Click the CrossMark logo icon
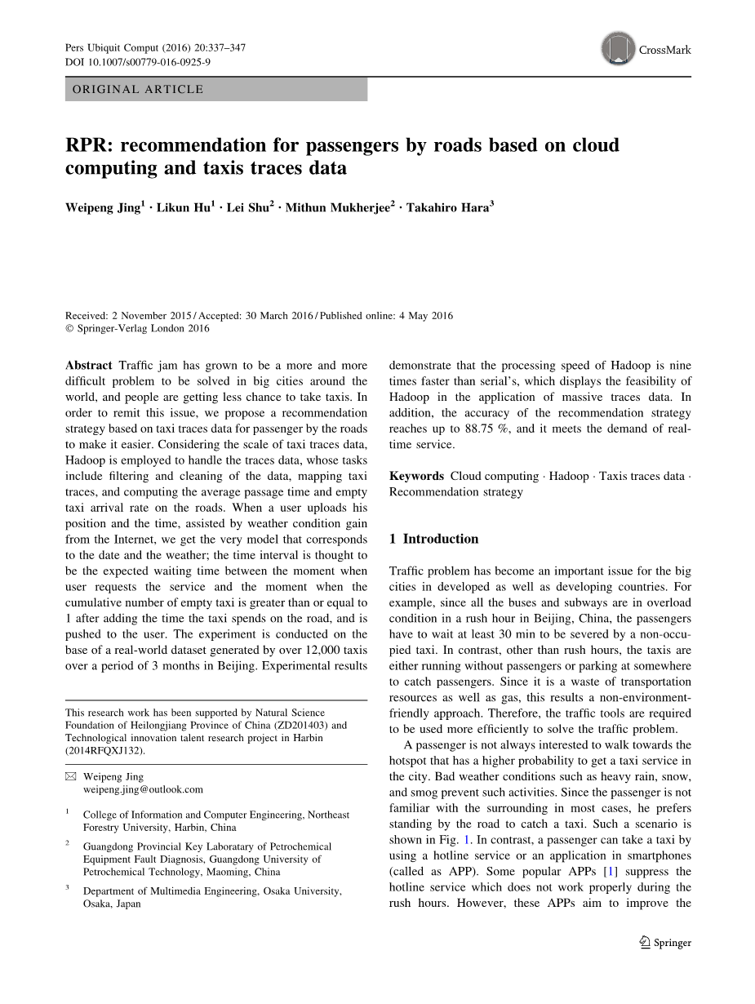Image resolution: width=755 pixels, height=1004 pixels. [x=619, y=49]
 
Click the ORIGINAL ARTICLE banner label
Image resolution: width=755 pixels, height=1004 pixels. [x=138, y=90]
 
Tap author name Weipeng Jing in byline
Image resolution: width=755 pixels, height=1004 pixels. [x=102, y=208]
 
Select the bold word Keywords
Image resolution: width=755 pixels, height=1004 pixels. [x=416, y=476]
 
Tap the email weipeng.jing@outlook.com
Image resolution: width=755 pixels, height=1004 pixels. [x=143, y=789]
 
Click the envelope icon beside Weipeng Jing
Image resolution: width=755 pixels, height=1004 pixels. [x=70, y=777]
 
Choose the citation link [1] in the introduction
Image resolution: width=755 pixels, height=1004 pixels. [x=609, y=872]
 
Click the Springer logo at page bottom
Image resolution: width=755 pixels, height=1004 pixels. [x=666, y=943]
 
